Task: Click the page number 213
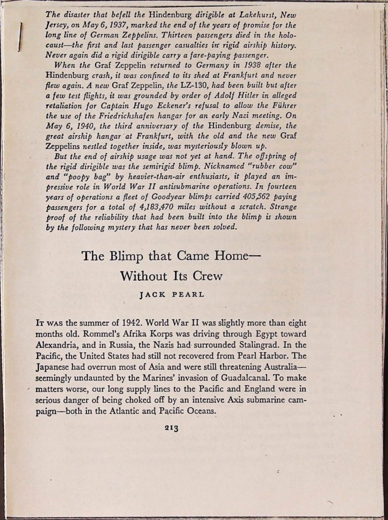pyautogui.click(x=171, y=428)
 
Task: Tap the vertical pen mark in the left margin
pyautogui.click(x=20, y=37)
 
